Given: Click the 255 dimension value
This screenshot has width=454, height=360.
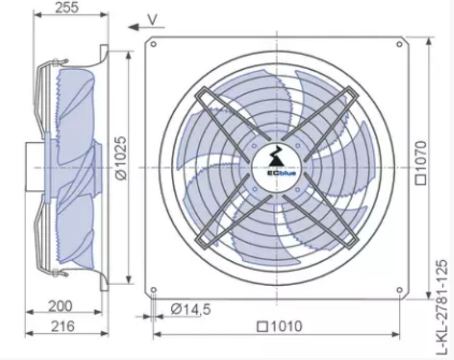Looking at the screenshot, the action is click(x=67, y=7).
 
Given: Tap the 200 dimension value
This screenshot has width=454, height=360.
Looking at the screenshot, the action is click(x=60, y=306).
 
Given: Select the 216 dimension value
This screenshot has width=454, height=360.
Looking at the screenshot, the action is click(x=63, y=326).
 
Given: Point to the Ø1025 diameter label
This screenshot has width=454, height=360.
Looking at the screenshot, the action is click(x=121, y=158).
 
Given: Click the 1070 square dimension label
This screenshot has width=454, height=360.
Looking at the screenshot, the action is click(x=421, y=162).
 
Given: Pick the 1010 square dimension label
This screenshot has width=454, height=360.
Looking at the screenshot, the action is click(x=280, y=327).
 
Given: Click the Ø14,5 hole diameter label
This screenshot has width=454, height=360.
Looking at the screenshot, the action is click(x=191, y=309).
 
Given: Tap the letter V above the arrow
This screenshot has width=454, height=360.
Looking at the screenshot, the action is click(x=153, y=19).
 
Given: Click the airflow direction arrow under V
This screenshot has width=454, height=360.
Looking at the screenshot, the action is click(x=146, y=27).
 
